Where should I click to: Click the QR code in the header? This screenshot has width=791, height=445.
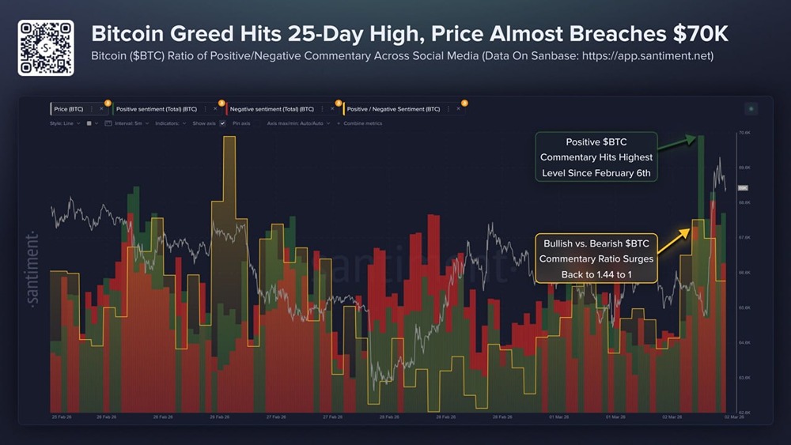coord(46,48)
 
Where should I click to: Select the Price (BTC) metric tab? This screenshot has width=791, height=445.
coord(68,109)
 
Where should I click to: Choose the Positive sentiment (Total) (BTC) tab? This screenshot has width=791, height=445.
coord(157,109)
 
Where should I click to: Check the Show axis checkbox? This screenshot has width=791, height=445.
coord(223,123)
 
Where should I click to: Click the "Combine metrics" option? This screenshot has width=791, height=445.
coord(362,123)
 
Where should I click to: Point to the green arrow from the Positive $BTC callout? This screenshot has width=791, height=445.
coord(677,144)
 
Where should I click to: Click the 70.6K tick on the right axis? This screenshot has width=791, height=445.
coord(744,134)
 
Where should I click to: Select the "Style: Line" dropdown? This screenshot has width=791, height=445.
coord(64,123)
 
